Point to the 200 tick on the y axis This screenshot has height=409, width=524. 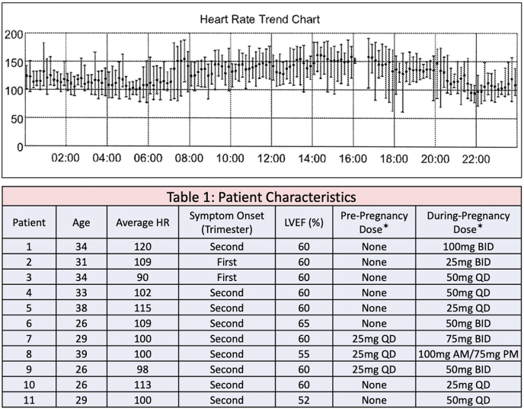[x=13, y=34]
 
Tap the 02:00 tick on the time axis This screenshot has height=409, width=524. [x=65, y=158]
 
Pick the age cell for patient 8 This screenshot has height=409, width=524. [x=81, y=354]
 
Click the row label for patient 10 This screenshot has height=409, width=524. [x=28, y=385]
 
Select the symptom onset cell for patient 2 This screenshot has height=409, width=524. [x=226, y=262]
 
